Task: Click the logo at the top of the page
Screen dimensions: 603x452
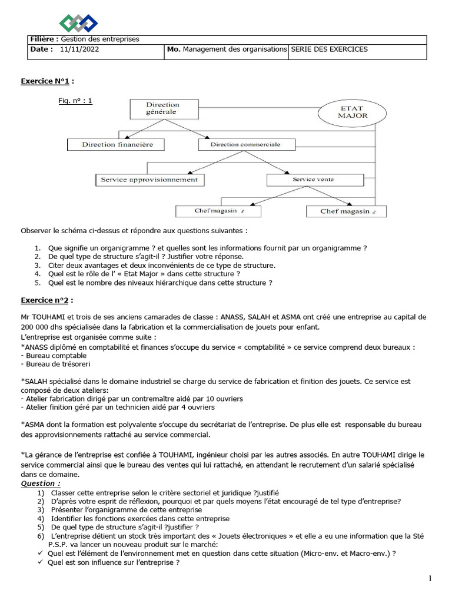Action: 78,23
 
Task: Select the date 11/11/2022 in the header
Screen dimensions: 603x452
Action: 79,49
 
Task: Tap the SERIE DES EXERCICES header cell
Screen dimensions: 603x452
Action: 330,49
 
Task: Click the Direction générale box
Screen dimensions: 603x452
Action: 162,108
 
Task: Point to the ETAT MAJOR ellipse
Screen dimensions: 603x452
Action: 353,112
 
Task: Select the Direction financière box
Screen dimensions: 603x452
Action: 117,144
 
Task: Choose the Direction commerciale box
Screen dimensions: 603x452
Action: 245,144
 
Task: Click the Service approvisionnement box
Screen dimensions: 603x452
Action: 150,180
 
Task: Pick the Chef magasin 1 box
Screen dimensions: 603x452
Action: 219,211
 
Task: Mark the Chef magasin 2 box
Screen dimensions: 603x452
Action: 346,211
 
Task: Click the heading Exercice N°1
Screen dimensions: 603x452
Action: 48,81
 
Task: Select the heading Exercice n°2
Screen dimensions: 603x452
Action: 47,300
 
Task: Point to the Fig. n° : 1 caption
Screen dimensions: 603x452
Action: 75,101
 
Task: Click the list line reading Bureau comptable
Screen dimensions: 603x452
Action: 45,356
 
